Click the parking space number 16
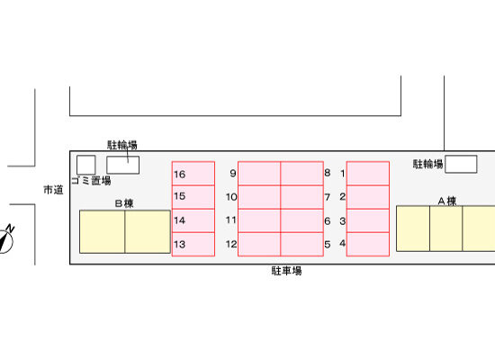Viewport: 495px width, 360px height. point(180,175)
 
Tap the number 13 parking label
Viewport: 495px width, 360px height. point(179,244)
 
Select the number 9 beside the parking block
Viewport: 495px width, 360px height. point(233,173)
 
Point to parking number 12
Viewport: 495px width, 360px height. point(231,244)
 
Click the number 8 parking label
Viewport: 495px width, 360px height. point(328,173)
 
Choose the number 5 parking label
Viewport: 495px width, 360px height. point(328,244)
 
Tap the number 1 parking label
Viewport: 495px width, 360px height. point(343,173)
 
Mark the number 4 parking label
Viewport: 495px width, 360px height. point(343,243)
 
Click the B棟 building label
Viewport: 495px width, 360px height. point(124,203)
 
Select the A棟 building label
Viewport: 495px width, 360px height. point(447,201)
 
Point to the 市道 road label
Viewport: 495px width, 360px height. point(53,190)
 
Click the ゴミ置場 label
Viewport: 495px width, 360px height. point(91,181)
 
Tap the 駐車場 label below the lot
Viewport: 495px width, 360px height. point(286,271)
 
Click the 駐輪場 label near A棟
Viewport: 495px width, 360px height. point(428,164)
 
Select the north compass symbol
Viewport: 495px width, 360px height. point(6,239)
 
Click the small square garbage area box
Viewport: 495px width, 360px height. point(86,165)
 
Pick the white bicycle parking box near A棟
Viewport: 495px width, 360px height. point(461,164)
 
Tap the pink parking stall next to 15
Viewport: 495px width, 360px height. point(193,197)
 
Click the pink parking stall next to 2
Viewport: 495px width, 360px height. point(368,197)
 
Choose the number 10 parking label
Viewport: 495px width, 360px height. point(231,197)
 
